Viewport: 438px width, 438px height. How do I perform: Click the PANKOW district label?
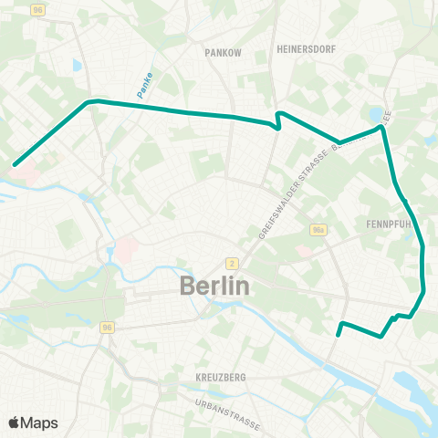(x=224, y=53)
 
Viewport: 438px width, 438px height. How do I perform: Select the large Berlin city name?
(x=214, y=286)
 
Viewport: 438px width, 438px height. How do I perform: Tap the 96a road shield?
(x=317, y=230)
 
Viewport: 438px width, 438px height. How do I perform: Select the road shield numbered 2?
(x=233, y=263)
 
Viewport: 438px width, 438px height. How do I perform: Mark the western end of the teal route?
(x=14, y=165)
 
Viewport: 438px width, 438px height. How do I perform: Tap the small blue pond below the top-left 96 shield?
(x=76, y=66)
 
